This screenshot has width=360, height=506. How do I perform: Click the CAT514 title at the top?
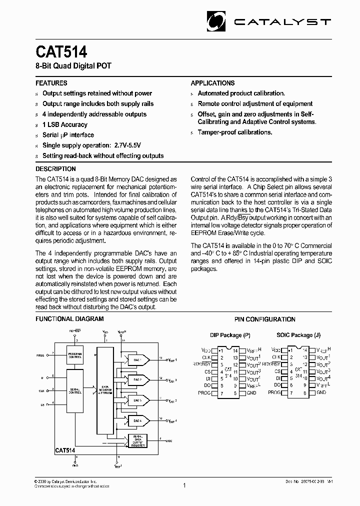(61, 52)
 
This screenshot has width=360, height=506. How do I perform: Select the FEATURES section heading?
(51, 83)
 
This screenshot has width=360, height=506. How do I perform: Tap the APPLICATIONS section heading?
(212, 83)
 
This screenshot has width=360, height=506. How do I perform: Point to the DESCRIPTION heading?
(55, 169)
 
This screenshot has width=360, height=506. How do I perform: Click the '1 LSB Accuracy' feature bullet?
(65, 124)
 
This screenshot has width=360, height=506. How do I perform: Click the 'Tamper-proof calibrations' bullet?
(235, 132)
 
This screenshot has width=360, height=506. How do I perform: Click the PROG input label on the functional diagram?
(40, 355)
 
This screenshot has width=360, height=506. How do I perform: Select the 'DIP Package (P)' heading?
(230, 335)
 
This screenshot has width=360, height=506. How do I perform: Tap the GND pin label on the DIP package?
(251, 393)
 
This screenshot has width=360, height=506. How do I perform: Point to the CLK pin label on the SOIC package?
(276, 357)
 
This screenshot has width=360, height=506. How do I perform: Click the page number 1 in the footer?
(184, 484)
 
